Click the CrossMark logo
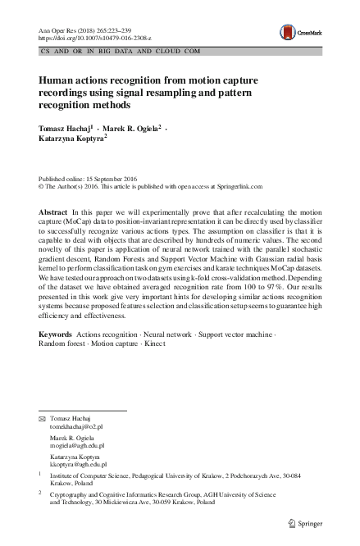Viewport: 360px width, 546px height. point(298,32)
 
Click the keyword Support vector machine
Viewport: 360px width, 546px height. point(244,358)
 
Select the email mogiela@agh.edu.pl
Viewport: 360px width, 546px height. point(79,447)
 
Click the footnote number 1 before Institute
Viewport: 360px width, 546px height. point(41,475)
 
